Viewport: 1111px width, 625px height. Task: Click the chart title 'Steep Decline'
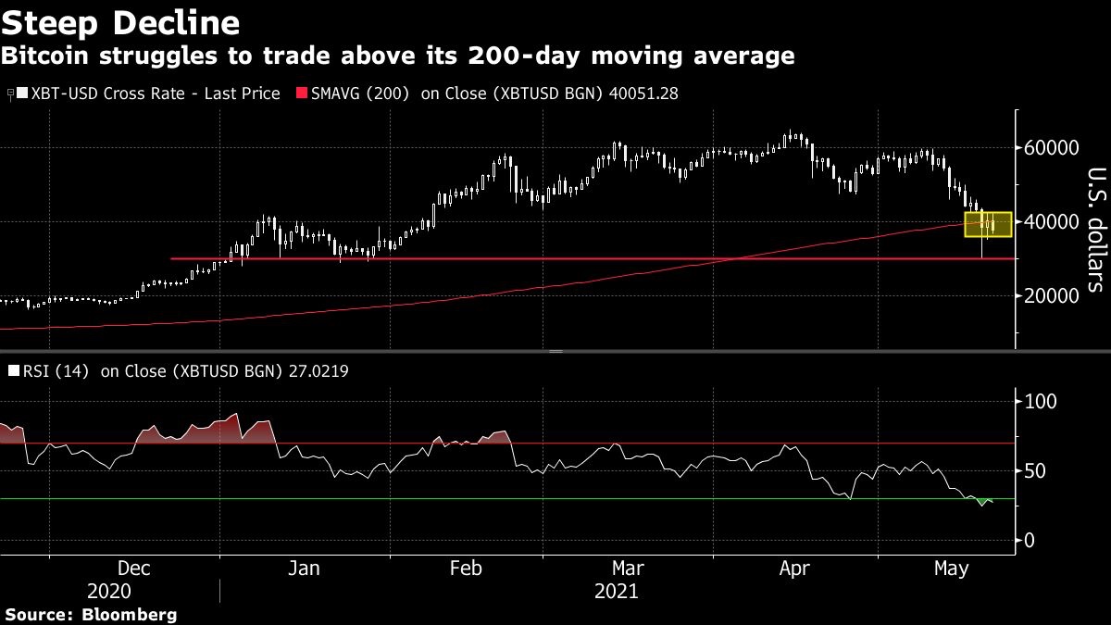121,22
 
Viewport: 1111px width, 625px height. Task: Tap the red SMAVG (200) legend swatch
301,94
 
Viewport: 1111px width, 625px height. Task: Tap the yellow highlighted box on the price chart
987,223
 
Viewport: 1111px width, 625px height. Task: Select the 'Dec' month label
134,568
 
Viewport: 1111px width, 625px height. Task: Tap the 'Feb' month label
466,568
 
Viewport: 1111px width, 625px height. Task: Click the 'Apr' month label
795,568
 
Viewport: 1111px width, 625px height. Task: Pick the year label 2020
109,591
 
